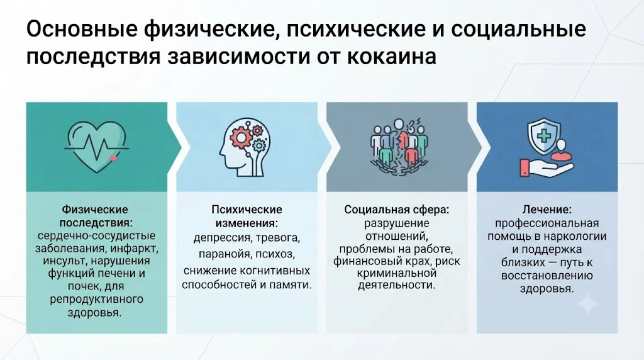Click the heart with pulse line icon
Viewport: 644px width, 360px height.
point(96,146)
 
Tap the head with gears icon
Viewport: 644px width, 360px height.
point(245,147)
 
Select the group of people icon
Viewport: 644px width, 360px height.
point(399,147)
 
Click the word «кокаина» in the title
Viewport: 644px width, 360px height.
point(391,57)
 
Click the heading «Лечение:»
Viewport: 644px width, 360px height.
point(547,210)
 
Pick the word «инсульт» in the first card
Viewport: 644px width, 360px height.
point(64,261)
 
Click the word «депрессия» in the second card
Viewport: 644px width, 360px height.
point(222,238)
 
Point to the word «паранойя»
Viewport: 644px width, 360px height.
point(225,254)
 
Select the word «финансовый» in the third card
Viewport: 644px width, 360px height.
point(362,261)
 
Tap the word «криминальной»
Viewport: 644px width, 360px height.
point(396,273)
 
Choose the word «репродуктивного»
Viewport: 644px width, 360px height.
point(96,299)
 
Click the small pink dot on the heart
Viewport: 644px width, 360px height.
point(114,158)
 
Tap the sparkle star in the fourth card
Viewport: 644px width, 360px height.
point(587,304)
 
